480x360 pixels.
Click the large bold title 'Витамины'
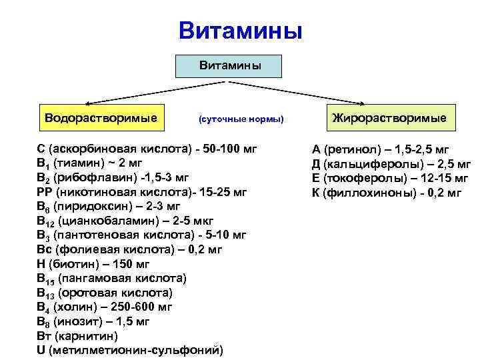pos(240,31)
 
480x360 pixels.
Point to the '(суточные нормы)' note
pos(241,119)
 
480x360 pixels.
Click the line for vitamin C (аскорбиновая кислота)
pos(147,149)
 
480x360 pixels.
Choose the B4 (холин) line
pos(105,307)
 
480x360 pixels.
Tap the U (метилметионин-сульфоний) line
pos(130,350)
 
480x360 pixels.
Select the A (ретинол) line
pos(381,149)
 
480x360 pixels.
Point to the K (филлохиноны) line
pos(386,192)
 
